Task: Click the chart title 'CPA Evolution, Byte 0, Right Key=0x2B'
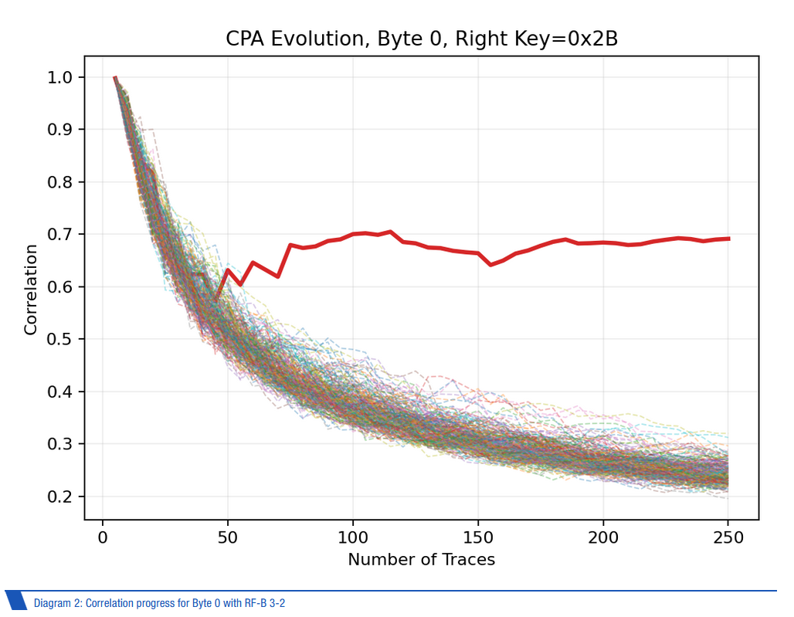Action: point(421,39)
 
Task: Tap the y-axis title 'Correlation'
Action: point(30,290)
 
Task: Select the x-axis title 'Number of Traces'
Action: point(421,559)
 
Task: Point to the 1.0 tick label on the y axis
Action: point(59,77)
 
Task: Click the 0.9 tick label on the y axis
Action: point(59,130)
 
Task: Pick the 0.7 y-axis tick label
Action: point(59,234)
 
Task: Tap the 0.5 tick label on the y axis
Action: point(59,339)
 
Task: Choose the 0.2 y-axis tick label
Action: point(59,497)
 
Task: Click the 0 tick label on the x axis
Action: point(103,537)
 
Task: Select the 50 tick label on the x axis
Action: point(228,537)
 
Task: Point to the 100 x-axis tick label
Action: point(353,537)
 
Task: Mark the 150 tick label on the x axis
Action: point(478,537)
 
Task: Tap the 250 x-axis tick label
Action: point(728,537)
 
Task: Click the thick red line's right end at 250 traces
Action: point(728,239)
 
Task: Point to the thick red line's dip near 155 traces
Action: point(490,265)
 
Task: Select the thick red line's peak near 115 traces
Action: point(390,232)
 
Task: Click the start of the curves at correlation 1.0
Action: point(115,77)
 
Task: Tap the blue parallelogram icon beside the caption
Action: point(16,600)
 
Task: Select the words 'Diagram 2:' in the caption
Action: point(58,603)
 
